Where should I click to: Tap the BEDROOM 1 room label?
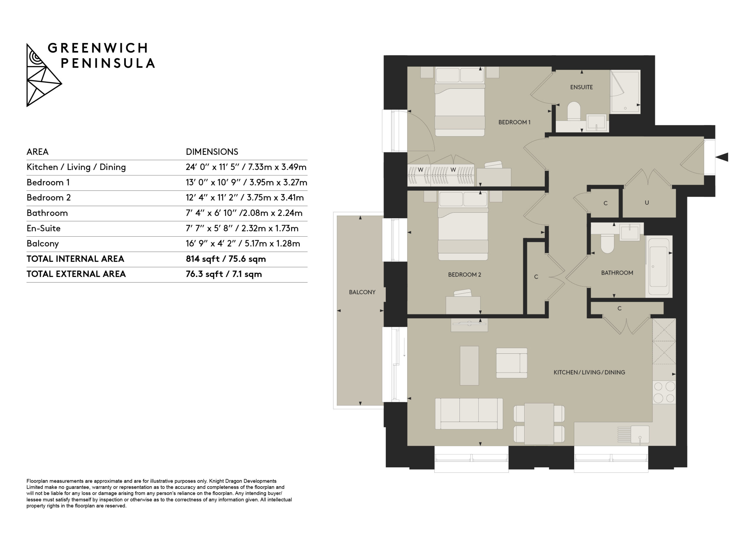(x=514, y=122)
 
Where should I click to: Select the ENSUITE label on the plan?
(x=581, y=87)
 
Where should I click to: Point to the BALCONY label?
(x=362, y=292)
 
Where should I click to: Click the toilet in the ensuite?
(x=574, y=111)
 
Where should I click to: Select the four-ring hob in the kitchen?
(x=664, y=392)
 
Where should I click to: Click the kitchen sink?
(x=640, y=434)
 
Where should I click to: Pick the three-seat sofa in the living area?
(x=469, y=414)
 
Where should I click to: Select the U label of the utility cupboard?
(x=647, y=203)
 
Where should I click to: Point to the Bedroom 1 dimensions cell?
(x=246, y=183)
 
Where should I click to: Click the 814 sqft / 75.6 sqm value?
(x=226, y=259)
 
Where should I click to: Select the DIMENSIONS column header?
(x=212, y=152)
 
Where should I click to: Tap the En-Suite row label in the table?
(x=43, y=228)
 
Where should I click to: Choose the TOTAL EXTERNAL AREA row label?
(x=76, y=274)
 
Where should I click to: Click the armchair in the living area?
(x=512, y=363)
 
